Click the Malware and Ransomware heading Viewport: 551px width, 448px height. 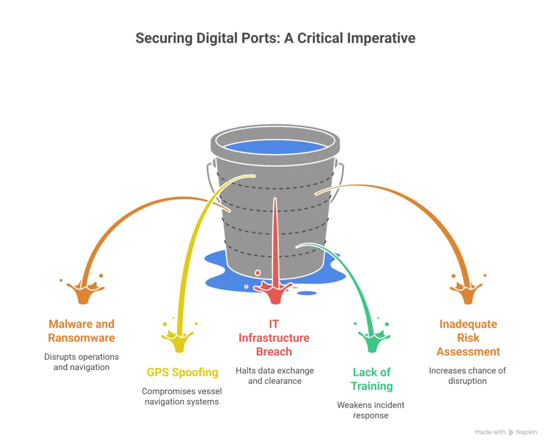tap(82, 331)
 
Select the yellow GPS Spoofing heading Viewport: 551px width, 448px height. tap(183, 372)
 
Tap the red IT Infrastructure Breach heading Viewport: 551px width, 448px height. tap(273, 338)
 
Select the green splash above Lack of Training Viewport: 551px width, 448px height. tap(372, 340)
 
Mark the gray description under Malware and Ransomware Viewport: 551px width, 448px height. tap(82, 361)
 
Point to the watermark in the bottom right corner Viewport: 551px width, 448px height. tap(505, 431)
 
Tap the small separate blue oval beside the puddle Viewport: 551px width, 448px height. tap(307, 293)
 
